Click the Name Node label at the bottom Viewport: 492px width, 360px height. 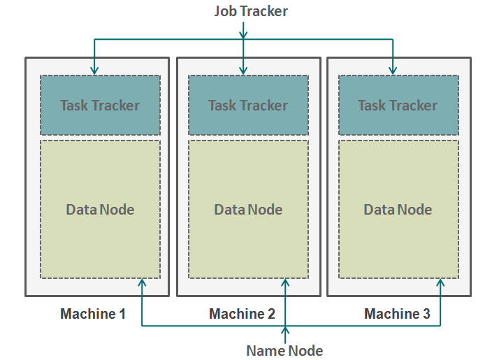pos(284,350)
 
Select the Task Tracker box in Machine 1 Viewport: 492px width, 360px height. pos(100,105)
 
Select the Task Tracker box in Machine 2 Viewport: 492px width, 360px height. pos(248,105)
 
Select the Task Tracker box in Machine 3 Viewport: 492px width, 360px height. pos(398,105)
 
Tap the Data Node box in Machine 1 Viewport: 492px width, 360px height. pos(100,209)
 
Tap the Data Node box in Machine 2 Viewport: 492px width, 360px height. pos(248,209)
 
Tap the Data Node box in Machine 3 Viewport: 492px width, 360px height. pos(398,209)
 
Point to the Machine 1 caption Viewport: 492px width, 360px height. pos(93,314)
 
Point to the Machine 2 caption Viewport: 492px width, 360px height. pos(242,314)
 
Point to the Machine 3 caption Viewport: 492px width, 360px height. pos(397,314)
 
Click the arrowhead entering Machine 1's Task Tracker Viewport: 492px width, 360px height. pos(94,70)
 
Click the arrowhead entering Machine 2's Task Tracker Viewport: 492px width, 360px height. pos(243,70)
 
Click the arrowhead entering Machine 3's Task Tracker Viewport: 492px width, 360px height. pos(393,70)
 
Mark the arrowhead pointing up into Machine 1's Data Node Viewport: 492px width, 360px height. pos(142,282)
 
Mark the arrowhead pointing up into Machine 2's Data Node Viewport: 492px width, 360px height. pos(285,282)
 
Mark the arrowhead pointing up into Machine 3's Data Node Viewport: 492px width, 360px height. pos(440,282)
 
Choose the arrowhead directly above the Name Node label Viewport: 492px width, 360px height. pos(285,331)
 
